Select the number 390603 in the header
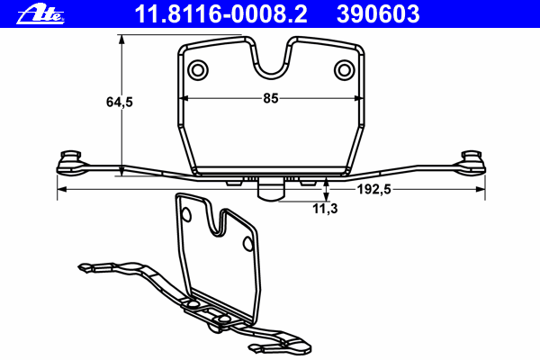coord(379,13)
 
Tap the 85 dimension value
coord(270,99)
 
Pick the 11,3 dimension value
coord(325,208)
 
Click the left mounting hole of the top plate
coord(197,69)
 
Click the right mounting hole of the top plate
coord(343,69)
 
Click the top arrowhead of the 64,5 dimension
coord(120,39)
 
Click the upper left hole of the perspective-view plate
coord(187,214)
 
